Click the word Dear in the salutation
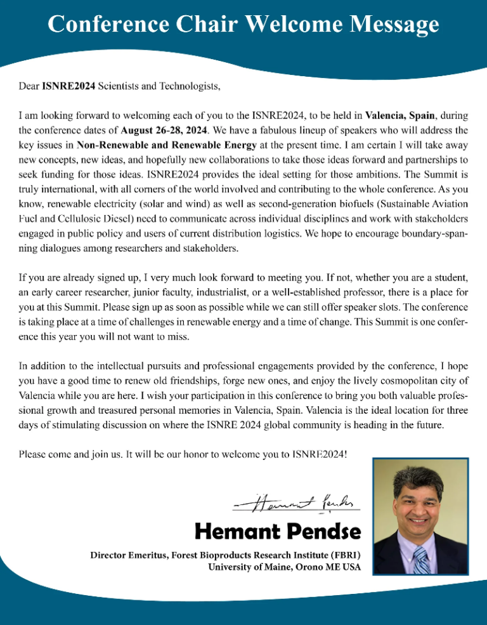(x=29, y=88)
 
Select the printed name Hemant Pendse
(x=278, y=530)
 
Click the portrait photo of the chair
(x=420, y=516)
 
